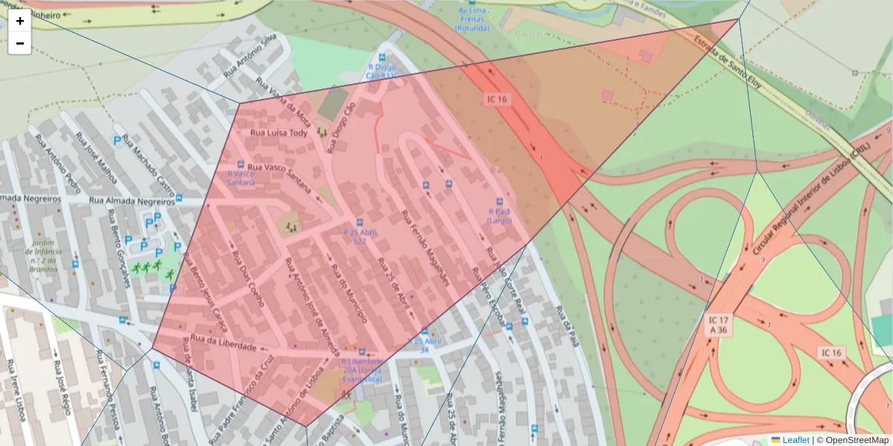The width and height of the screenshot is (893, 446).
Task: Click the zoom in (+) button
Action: tap(20, 21)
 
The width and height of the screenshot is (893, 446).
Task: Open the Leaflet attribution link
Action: tap(795, 439)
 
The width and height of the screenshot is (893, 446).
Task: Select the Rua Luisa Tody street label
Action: tap(278, 133)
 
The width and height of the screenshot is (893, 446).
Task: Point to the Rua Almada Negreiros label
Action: tap(131, 200)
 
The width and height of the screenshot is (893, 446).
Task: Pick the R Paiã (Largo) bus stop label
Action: tap(499, 216)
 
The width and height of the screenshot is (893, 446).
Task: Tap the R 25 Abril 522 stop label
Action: tap(359, 236)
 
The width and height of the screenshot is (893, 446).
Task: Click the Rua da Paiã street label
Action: tap(569, 328)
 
